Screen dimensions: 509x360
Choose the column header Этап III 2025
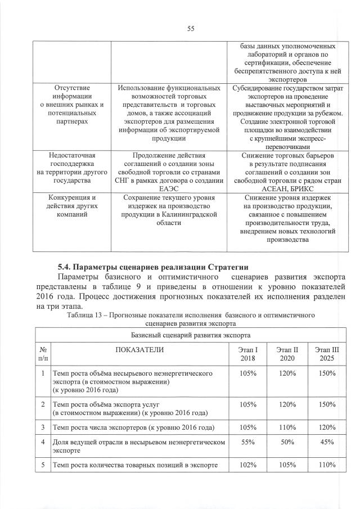point(326,354)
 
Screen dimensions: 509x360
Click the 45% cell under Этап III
point(326,443)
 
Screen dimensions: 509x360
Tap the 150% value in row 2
point(326,404)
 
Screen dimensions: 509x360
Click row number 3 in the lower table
point(43,426)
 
